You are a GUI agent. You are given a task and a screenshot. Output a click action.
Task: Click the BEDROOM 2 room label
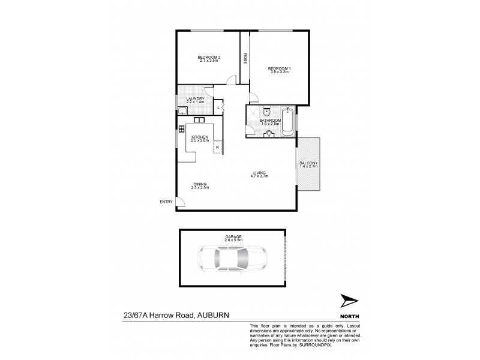(x=209, y=58)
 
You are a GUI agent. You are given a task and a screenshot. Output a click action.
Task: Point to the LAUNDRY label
(x=196, y=99)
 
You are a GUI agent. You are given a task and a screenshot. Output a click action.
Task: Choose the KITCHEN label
(x=200, y=137)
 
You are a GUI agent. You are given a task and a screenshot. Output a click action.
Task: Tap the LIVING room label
(x=260, y=173)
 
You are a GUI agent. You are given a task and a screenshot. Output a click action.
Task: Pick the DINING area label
(x=200, y=184)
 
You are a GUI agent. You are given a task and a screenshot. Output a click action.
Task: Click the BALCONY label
(x=308, y=163)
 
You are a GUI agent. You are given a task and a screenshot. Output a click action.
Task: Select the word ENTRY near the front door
(x=165, y=202)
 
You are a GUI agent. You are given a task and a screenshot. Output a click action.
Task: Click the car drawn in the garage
(x=230, y=259)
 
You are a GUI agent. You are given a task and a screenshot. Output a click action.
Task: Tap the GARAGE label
(x=233, y=237)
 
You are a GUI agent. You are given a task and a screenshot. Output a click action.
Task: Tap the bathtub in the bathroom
(x=288, y=121)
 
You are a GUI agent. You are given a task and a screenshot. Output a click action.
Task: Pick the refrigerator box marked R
(x=217, y=146)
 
